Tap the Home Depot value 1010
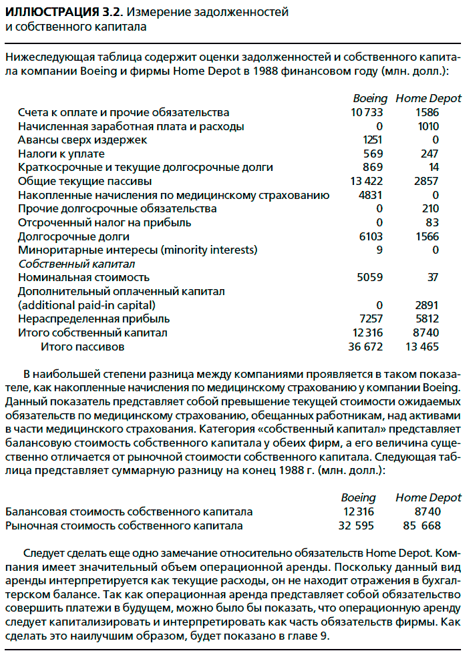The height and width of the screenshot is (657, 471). point(426,126)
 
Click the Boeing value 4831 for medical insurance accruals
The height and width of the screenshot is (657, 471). point(370,195)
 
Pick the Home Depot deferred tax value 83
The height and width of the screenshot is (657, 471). point(432,222)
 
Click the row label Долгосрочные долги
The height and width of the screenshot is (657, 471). point(73,236)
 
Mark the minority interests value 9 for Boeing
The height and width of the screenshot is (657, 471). point(379,250)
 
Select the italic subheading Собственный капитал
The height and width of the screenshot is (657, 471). point(77,264)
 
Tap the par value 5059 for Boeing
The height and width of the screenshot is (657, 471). point(370,277)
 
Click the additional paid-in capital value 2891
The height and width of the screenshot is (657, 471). point(426,305)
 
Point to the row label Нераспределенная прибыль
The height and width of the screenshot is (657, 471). point(94,319)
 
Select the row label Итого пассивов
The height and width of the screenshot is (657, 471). point(83,347)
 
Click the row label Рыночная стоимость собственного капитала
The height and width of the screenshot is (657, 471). point(124,525)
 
